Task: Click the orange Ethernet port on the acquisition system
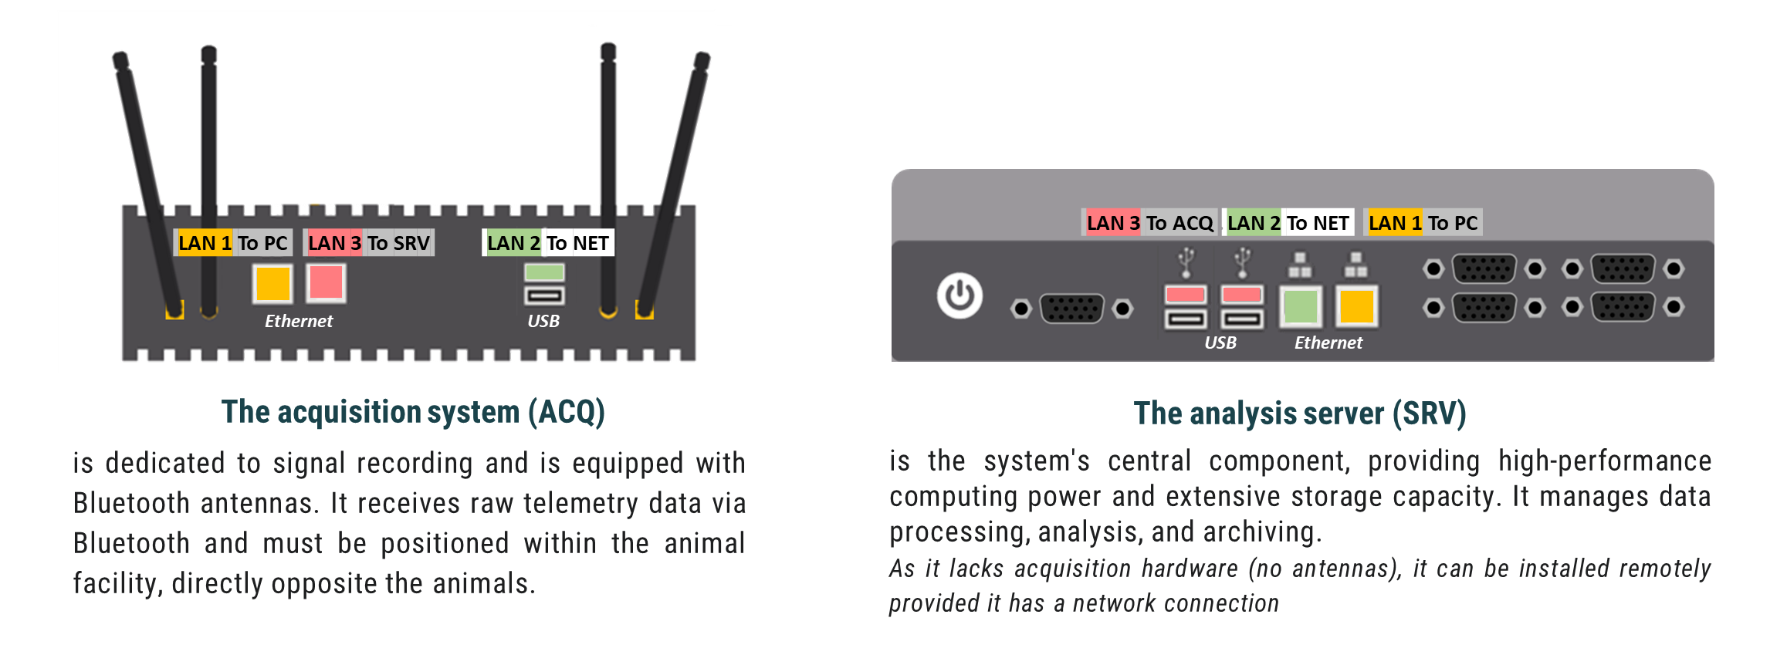click(x=272, y=283)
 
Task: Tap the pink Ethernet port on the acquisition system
click(x=326, y=282)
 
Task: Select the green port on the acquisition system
click(x=544, y=272)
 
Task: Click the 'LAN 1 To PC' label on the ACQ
click(x=232, y=243)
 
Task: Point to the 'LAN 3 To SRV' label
click(x=369, y=243)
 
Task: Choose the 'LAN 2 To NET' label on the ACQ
click(x=548, y=243)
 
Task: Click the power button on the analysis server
click(x=959, y=295)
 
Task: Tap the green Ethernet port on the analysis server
click(x=1300, y=306)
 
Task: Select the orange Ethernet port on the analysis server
click(x=1356, y=306)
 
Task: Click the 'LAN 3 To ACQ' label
click(x=1149, y=223)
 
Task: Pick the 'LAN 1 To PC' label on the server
click(x=1423, y=223)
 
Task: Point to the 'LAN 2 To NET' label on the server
click(x=1288, y=223)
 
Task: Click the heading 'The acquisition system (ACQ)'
click(x=413, y=412)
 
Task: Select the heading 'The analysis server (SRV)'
click(x=1300, y=414)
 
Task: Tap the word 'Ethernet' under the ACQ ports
click(x=299, y=321)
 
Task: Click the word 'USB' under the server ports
click(x=1220, y=343)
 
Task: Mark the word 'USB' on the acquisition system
click(x=543, y=321)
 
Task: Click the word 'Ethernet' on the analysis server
click(x=1328, y=343)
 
